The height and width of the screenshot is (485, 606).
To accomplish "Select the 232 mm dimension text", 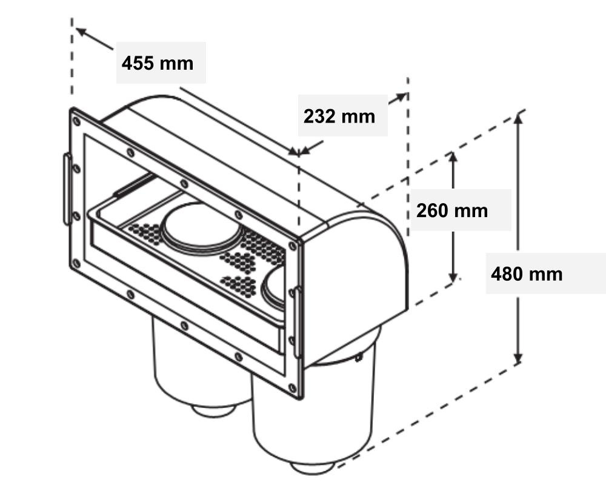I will click(339, 116).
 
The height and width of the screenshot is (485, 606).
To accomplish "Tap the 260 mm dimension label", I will click(452, 210).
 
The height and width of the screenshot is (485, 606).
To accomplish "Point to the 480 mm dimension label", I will click(527, 274).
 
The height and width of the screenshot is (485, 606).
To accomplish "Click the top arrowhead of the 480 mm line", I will click(518, 117).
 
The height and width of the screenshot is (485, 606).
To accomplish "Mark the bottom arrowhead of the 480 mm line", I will click(518, 359).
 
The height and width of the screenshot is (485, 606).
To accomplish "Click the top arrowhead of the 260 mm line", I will click(453, 156).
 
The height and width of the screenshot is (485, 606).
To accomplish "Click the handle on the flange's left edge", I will click(67, 189).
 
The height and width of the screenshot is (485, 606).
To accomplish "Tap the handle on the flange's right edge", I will click(297, 321).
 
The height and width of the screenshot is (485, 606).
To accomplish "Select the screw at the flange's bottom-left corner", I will click(76, 263).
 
